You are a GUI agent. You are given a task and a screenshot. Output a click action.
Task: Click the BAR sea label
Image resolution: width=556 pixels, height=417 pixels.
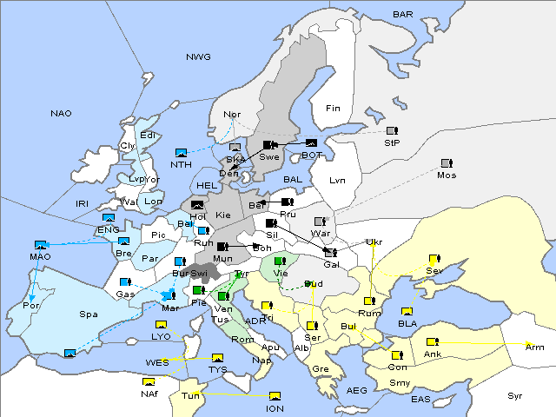coord(402,14)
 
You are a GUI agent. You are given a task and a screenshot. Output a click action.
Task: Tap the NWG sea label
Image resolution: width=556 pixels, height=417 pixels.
coord(198,56)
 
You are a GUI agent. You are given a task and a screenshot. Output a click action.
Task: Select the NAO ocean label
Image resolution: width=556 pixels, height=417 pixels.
coord(61,113)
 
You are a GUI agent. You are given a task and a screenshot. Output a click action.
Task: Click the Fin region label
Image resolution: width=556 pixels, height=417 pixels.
coord(332,108)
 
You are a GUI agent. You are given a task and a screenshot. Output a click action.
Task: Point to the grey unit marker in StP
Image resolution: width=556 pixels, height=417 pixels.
coord(392,131)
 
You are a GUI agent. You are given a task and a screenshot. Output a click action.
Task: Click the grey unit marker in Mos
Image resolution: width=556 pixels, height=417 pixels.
coord(447,162)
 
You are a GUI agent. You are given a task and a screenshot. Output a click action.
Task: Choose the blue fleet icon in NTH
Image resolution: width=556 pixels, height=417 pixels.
coord(181,152)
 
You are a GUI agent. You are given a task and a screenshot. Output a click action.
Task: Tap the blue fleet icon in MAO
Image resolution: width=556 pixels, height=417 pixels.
coord(40,245)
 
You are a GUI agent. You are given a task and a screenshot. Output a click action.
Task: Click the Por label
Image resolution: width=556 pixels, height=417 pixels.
coord(31,306)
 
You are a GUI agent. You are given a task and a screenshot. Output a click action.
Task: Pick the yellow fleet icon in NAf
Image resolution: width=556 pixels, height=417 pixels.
coord(149,381)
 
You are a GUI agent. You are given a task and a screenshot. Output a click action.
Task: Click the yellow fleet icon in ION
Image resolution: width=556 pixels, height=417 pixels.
coord(275,396)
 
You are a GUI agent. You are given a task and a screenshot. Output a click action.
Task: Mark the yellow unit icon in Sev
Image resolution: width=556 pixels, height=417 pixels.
coord(434,259)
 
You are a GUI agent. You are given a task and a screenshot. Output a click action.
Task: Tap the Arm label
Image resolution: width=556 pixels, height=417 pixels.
coord(535,347)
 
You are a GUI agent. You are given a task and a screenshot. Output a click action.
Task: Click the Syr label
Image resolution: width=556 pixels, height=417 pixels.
coord(515,395)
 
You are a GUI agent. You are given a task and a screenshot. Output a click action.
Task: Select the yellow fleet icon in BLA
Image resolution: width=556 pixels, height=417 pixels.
coord(407,312)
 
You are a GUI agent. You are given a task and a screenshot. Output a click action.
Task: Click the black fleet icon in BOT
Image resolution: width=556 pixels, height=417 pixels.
coord(311,143)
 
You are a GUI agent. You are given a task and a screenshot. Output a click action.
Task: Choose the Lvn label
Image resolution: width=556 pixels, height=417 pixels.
coord(338,180)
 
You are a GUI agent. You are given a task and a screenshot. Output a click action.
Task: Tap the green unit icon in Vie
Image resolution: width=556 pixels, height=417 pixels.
coord(279,261)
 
